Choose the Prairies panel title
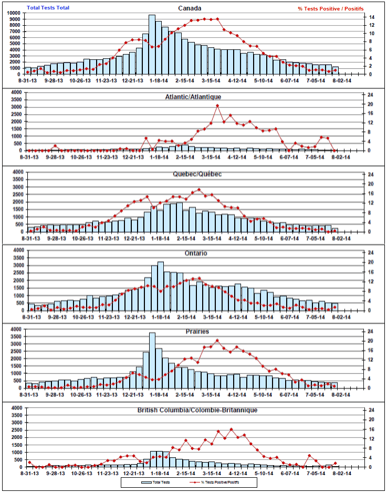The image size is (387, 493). pos(197,332)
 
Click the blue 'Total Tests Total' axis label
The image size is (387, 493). pos(48,8)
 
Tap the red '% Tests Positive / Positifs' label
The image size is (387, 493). pos(331,9)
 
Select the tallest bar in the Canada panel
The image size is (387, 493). pos(152,45)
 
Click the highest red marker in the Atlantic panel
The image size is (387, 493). pos(217,106)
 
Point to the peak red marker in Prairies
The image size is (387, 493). pos(217,341)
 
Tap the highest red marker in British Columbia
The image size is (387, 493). pos(231,430)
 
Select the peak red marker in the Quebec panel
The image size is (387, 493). pos(198,190)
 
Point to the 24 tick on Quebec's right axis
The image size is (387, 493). pos(371,174)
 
